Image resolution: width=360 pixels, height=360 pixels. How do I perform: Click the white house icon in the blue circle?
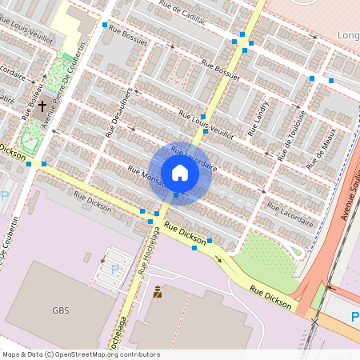180,173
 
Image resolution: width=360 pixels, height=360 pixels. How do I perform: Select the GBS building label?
61,310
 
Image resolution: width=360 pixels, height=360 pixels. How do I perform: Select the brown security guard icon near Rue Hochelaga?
157,292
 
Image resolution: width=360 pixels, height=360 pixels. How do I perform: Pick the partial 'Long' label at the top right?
348,35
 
